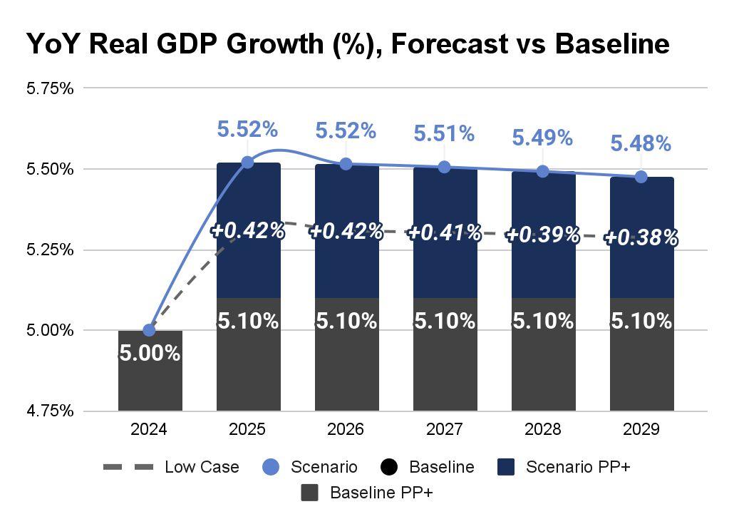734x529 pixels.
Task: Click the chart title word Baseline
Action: click(611, 44)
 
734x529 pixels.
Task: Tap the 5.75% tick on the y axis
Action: click(50, 88)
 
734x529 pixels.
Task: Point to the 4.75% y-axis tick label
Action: click(50, 411)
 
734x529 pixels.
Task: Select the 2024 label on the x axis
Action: click(149, 430)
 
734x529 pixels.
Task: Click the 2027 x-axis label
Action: click(444, 430)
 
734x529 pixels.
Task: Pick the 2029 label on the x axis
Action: click(641, 430)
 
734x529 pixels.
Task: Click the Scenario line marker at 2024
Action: click(149, 330)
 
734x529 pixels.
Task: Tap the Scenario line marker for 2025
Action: click(247, 163)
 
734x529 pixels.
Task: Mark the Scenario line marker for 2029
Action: click(641, 176)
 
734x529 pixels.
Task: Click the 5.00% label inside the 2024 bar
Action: click(149, 353)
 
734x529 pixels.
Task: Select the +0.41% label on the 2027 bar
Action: click(444, 232)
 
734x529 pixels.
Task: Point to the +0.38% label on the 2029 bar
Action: click(641, 238)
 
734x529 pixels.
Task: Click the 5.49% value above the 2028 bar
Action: click(542, 138)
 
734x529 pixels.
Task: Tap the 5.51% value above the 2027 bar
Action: click(444, 133)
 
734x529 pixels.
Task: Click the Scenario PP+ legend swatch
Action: click(507, 468)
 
